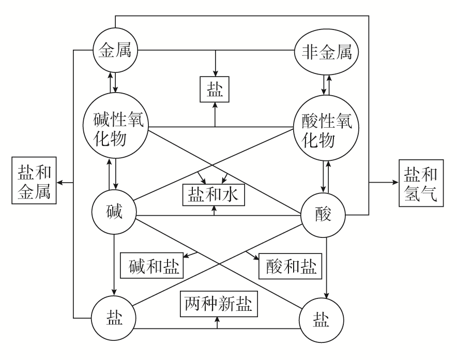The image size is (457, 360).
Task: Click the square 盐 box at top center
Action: point(215,88)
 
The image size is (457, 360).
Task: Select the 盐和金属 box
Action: point(34,182)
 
